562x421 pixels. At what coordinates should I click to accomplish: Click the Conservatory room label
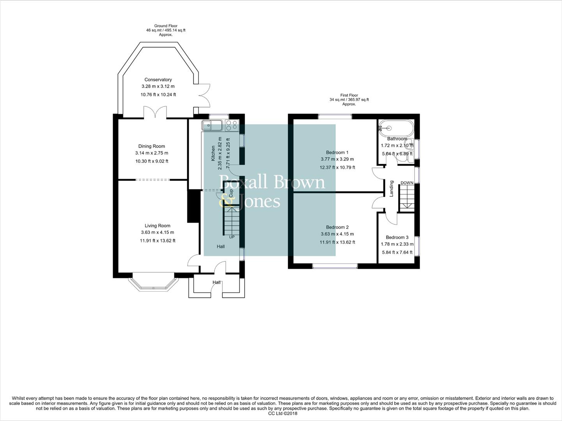click(x=158, y=80)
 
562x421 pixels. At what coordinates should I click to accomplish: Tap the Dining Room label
click(x=151, y=146)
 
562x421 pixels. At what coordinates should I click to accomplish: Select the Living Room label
click(x=157, y=226)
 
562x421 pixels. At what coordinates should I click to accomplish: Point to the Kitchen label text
click(x=213, y=153)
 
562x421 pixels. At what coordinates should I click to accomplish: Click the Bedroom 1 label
click(x=337, y=152)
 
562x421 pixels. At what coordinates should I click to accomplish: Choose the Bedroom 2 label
click(x=337, y=227)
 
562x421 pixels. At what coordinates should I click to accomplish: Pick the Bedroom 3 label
click(x=397, y=237)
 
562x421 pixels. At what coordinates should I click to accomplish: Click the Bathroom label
click(x=397, y=139)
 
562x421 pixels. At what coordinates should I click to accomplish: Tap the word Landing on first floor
click(x=392, y=188)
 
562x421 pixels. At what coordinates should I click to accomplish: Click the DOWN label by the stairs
click(x=407, y=183)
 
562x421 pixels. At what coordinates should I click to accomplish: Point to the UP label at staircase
click(x=232, y=237)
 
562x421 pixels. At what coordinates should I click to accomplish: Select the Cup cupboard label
click(x=231, y=193)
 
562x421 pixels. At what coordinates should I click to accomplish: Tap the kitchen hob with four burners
click(x=231, y=125)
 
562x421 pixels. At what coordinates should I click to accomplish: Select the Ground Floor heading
click(x=166, y=26)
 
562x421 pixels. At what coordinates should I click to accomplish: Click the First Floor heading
click(x=349, y=95)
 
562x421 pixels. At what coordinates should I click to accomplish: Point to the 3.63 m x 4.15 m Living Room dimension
click(x=158, y=233)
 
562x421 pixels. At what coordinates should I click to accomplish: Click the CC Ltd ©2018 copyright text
click(x=283, y=414)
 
